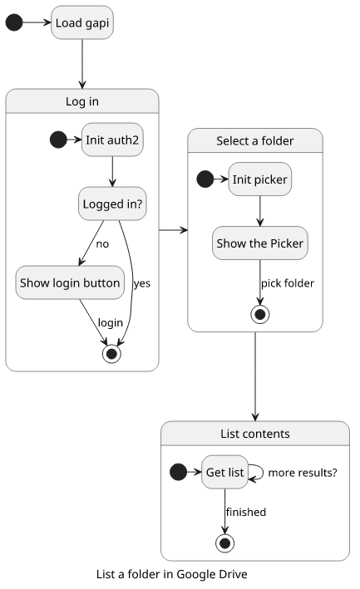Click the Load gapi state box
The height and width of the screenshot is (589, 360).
click(x=82, y=22)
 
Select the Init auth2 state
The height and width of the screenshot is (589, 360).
click(x=112, y=140)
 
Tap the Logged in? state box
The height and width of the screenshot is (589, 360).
click(x=112, y=204)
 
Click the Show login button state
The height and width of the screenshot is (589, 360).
click(x=70, y=282)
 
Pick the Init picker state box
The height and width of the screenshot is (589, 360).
click(x=259, y=179)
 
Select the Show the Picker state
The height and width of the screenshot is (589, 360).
click(x=259, y=243)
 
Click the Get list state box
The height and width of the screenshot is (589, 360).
click(x=224, y=472)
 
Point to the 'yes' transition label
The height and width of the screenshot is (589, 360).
click(x=142, y=283)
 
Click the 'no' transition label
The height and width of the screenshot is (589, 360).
click(x=102, y=244)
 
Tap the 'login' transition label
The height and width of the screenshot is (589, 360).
click(x=110, y=322)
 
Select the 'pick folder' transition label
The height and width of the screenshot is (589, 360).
click(x=288, y=283)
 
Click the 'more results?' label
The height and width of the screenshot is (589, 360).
click(x=303, y=473)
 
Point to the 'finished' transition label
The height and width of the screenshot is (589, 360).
click(x=246, y=512)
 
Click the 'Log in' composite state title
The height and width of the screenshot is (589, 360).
click(x=82, y=101)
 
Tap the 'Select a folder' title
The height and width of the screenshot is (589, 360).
click(x=254, y=141)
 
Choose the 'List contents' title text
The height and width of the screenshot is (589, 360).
click(x=254, y=434)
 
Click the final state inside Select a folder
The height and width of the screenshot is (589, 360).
click(x=259, y=314)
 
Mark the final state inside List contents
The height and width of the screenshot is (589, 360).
click(x=224, y=543)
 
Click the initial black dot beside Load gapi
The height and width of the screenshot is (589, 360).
click(x=14, y=22)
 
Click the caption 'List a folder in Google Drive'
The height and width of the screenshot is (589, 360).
click(x=172, y=574)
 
